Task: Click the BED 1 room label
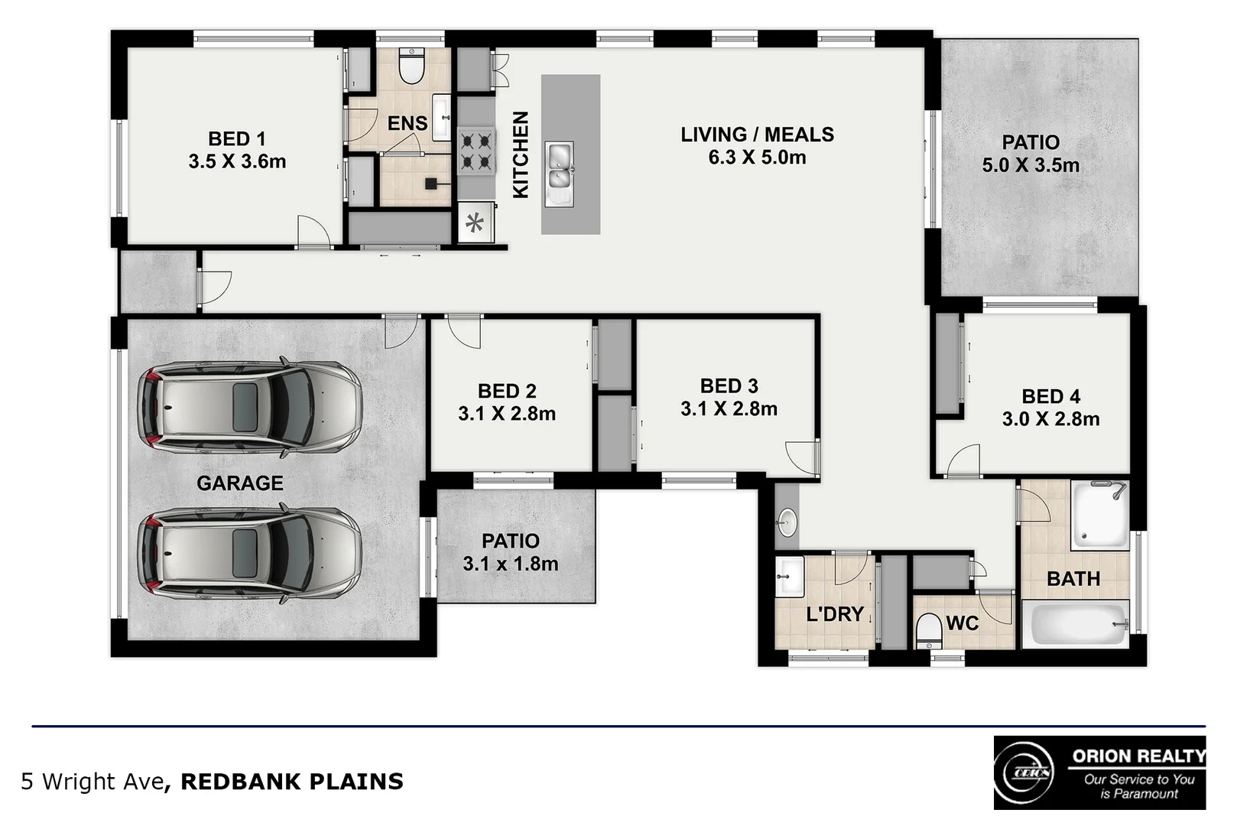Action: point(237,139)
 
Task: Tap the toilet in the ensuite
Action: point(412,67)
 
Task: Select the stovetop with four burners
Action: point(475,151)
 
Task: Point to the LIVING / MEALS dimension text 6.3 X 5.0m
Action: point(757,158)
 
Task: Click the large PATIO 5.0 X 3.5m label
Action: point(1031,153)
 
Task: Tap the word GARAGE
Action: point(240,483)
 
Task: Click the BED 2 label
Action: point(507,391)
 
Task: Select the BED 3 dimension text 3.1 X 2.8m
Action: point(729,409)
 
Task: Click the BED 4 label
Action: point(1050,396)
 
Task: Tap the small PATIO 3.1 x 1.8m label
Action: point(511,552)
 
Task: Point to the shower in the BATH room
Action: point(1099,514)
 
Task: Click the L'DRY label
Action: point(835,614)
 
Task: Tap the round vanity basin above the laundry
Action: point(787,524)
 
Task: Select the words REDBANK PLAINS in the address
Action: point(292,782)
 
